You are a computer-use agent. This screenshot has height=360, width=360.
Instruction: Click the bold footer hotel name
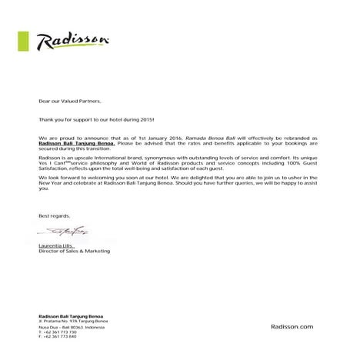pyautogui.click(x=70, y=317)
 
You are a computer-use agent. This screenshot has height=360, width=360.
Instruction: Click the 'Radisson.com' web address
pyautogui.click(x=293, y=328)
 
